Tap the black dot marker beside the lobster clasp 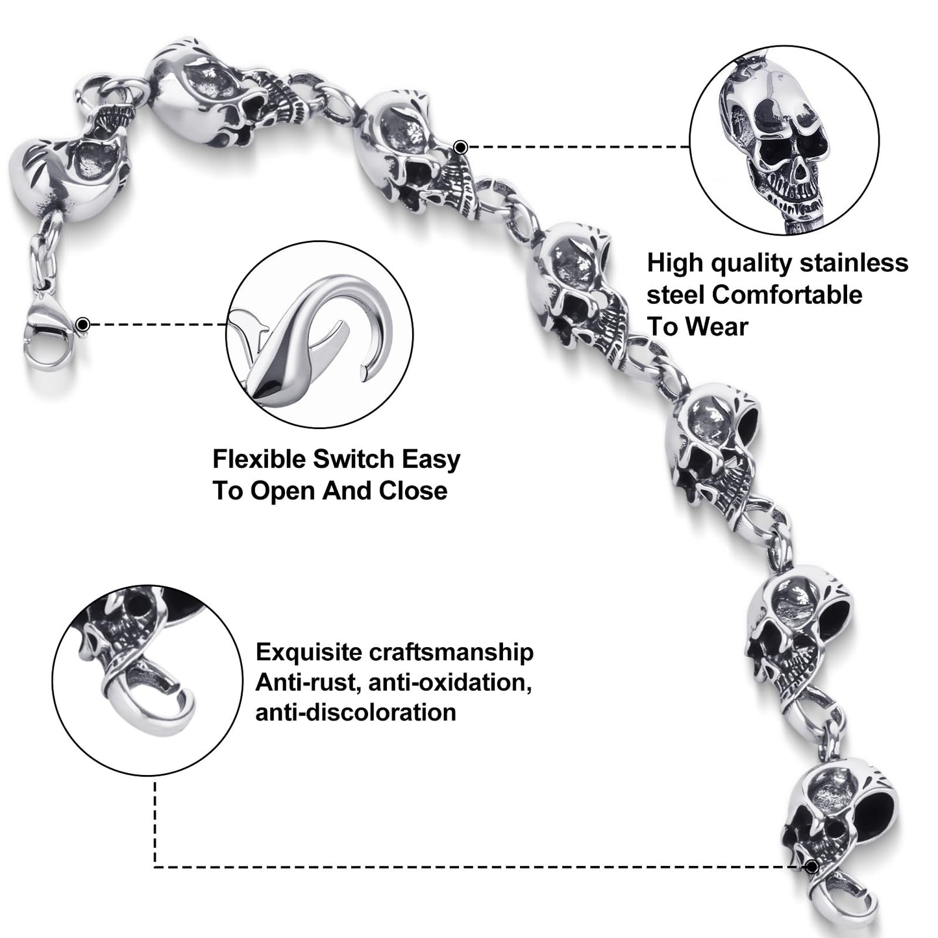[x=83, y=324]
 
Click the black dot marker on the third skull [x=460, y=147]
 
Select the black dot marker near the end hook [x=811, y=867]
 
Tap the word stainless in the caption [x=854, y=264]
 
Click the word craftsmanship [x=450, y=653]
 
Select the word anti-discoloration [x=355, y=713]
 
